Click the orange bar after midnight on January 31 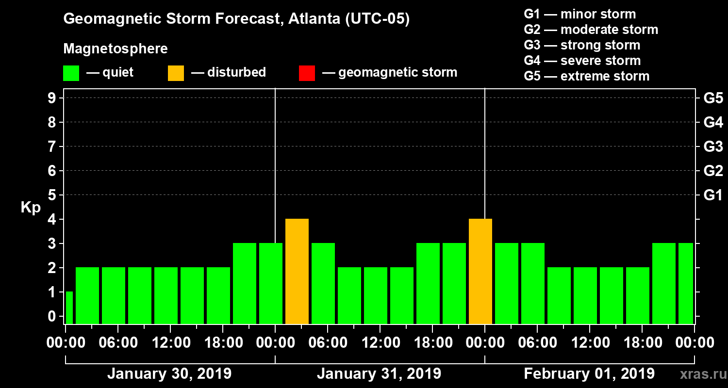(297, 271)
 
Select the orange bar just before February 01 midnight (480, 271)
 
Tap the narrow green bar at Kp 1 (69, 307)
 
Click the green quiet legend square (71, 73)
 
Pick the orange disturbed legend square (176, 73)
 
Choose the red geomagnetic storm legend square (307, 73)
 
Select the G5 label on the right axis (713, 98)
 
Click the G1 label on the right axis (713, 195)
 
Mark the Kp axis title (31, 208)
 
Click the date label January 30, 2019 (169, 374)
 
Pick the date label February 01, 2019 (589, 374)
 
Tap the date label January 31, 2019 (379, 374)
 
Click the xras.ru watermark (700, 374)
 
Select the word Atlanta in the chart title (314, 19)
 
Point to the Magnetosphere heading (116, 49)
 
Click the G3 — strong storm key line (582, 45)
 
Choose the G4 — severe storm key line (582, 61)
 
